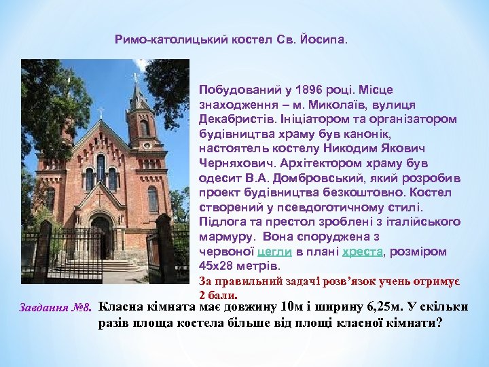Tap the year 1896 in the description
[297, 90]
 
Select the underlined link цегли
[275, 251]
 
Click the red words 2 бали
[218, 296]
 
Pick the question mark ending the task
[439, 322]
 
